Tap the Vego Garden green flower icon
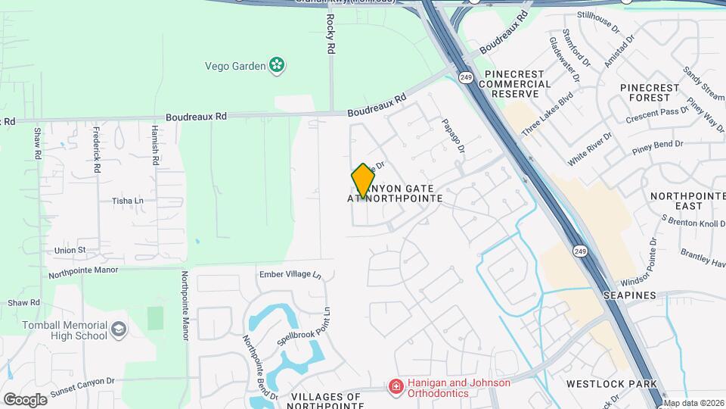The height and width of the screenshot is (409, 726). [278, 66]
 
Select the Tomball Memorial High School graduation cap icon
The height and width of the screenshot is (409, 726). [119, 329]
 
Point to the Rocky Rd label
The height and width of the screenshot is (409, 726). [330, 33]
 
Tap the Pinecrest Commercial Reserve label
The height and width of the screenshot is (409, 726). [514, 83]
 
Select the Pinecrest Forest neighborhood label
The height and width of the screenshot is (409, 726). [656, 92]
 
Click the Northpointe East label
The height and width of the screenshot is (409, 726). [687, 201]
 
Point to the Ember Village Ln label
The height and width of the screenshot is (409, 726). [290, 274]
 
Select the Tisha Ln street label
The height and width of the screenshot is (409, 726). [127, 201]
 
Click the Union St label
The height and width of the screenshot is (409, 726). [70, 250]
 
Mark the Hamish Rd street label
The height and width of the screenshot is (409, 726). [154, 146]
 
